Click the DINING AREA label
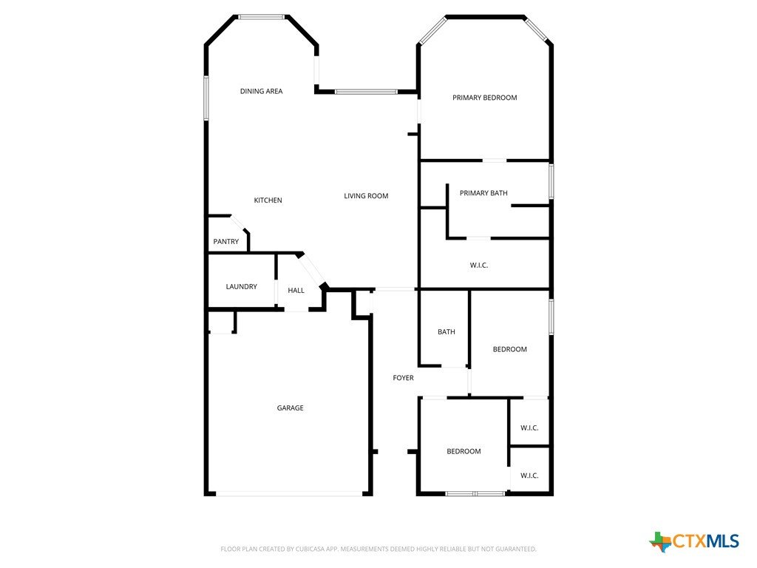[x=261, y=91]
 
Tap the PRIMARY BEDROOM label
[x=485, y=98]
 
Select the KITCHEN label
[x=268, y=200]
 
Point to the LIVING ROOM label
[x=366, y=196]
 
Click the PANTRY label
[x=226, y=242]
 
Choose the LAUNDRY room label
[x=242, y=286]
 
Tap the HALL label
[x=296, y=290]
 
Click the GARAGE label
[x=290, y=408]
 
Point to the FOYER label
[x=403, y=378]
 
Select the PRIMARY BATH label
[x=483, y=193]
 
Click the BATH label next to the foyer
[x=446, y=332]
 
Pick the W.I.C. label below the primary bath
[x=479, y=266]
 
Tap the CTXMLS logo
[x=694, y=541]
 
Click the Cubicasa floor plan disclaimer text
[x=378, y=550]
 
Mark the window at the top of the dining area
[x=261, y=18]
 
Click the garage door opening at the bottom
[x=289, y=494]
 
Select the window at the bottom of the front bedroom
[x=475, y=493]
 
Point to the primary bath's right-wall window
[x=551, y=181]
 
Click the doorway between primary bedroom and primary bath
[x=495, y=160]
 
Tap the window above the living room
[x=367, y=91]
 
